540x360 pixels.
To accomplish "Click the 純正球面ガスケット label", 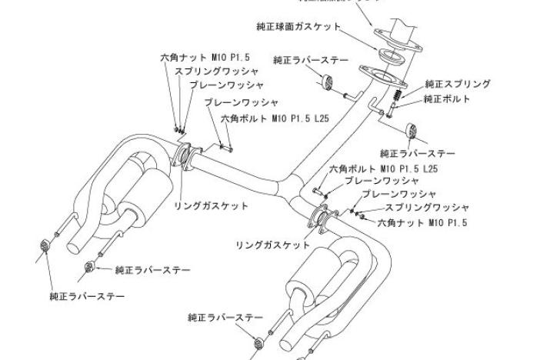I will tap(298, 27).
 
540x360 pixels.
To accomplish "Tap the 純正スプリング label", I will tap(458, 84).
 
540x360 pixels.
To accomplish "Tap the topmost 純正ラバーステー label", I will tap(311, 60).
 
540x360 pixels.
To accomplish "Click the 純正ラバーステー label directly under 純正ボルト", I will tap(418, 153).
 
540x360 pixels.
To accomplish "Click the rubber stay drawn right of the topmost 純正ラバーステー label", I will tap(325, 83).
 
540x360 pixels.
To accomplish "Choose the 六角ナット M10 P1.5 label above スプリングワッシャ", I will tap(195, 58).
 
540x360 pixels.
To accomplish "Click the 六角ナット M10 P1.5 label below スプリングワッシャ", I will tap(422, 223).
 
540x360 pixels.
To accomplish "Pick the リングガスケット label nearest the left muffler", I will tap(211, 206).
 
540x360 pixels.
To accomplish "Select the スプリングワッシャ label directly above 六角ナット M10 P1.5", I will tap(427, 208).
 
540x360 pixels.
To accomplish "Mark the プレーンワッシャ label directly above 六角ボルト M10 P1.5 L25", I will tap(242, 102).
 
